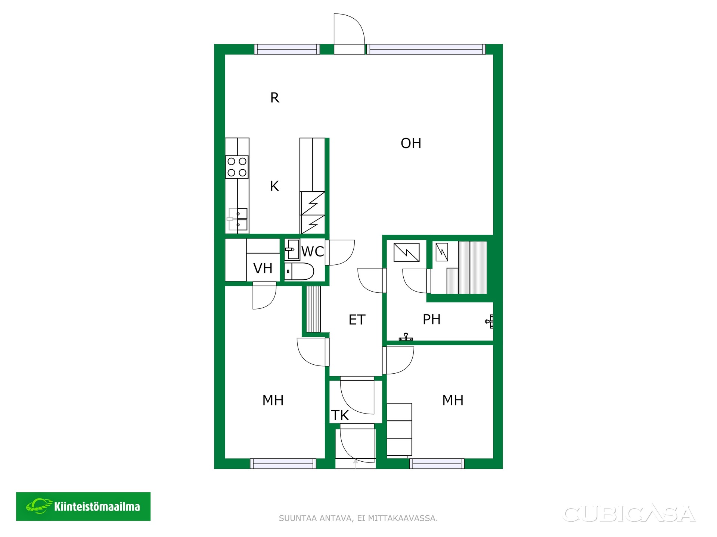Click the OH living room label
[x=411, y=143]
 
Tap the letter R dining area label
[x=274, y=98]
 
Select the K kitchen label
[x=274, y=186]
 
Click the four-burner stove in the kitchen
[x=237, y=167]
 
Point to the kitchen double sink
[x=238, y=219]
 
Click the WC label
[x=313, y=252]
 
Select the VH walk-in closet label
[x=263, y=268]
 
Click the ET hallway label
[x=357, y=320]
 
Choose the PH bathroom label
[x=432, y=320]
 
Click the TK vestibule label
[x=340, y=415]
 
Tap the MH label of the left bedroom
[x=273, y=401]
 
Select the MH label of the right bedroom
[x=453, y=401]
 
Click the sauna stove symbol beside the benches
[x=442, y=252]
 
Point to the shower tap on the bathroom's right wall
[x=490, y=321]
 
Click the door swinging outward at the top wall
[x=349, y=34]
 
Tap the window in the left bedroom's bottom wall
[x=283, y=464]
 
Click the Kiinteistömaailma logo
[x=83, y=506]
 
